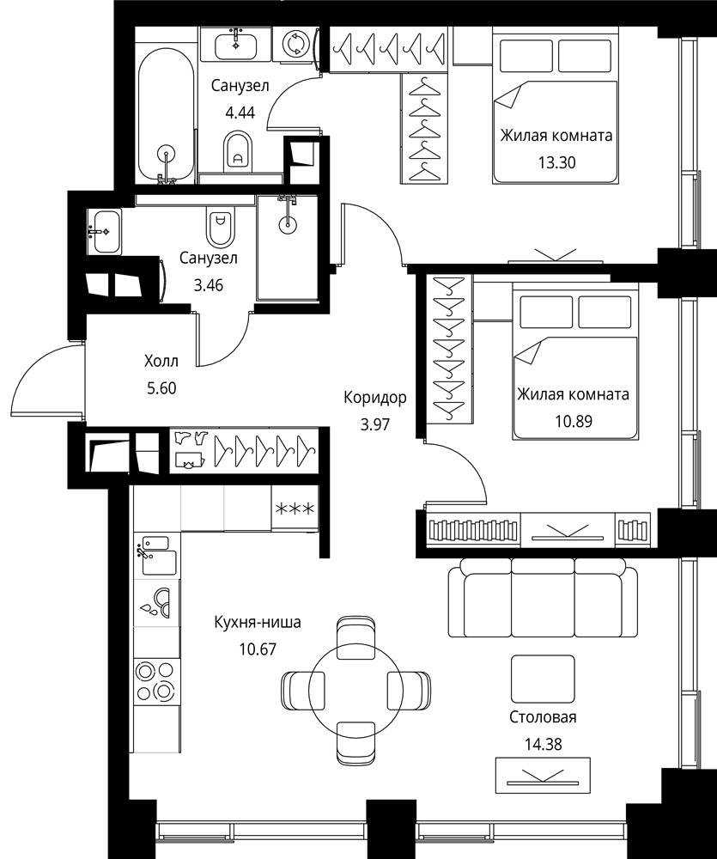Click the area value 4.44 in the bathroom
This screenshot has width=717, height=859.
(x=240, y=113)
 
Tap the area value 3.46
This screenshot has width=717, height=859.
(x=208, y=285)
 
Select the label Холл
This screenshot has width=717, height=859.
(x=161, y=361)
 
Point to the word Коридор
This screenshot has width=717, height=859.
(x=375, y=397)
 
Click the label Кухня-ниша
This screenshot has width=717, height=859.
(x=258, y=622)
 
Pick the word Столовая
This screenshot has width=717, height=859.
(x=543, y=717)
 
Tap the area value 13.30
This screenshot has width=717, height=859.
(x=556, y=162)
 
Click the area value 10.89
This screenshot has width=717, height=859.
(x=574, y=421)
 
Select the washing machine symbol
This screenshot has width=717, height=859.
(x=295, y=44)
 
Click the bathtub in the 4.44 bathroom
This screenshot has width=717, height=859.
(x=166, y=116)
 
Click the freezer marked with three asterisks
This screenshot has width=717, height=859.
(x=295, y=509)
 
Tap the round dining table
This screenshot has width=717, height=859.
(x=356, y=688)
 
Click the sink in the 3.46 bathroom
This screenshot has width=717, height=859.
(x=104, y=232)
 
